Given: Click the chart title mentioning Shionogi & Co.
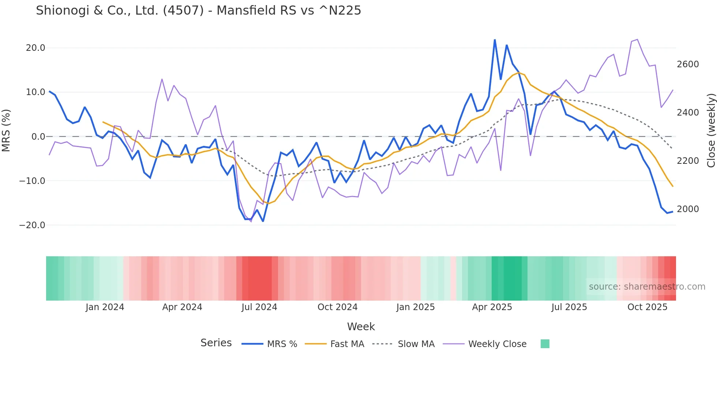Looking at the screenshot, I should pyautogui.click(x=198, y=11).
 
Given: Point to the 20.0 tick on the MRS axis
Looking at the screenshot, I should pyautogui.click(x=35, y=48).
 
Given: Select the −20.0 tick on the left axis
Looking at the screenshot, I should pyautogui.click(x=32, y=225).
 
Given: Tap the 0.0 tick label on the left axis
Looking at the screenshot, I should pyautogui.click(x=38, y=137).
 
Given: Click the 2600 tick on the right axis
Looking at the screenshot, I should pyautogui.click(x=687, y=64).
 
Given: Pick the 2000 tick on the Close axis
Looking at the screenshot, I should pyautogui.click(x=687, y=209).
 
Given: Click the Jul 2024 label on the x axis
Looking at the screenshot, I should pyautogui.click(x=259, y=307).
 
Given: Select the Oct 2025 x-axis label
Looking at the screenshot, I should pyautogui.click(x=647, y=307).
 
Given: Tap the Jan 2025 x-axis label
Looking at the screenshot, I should pyautogui.click(x=415, y=307).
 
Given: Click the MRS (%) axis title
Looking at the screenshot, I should pyautogui.click(x=6, y=130).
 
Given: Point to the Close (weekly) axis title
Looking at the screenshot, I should pyautogui.click(x=711, y=131).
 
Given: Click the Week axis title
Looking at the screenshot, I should pyautogui.click(x=361, y=327).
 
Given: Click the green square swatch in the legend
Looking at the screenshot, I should pyautogui.click(x=545, y=344).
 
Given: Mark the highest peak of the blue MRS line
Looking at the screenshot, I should pyautogui.click(x=495, y=40).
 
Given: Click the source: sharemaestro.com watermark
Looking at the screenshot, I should pyautogui.click(x=647, y=287).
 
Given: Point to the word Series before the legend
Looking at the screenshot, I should pyautogui.click(x=216, y=343).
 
